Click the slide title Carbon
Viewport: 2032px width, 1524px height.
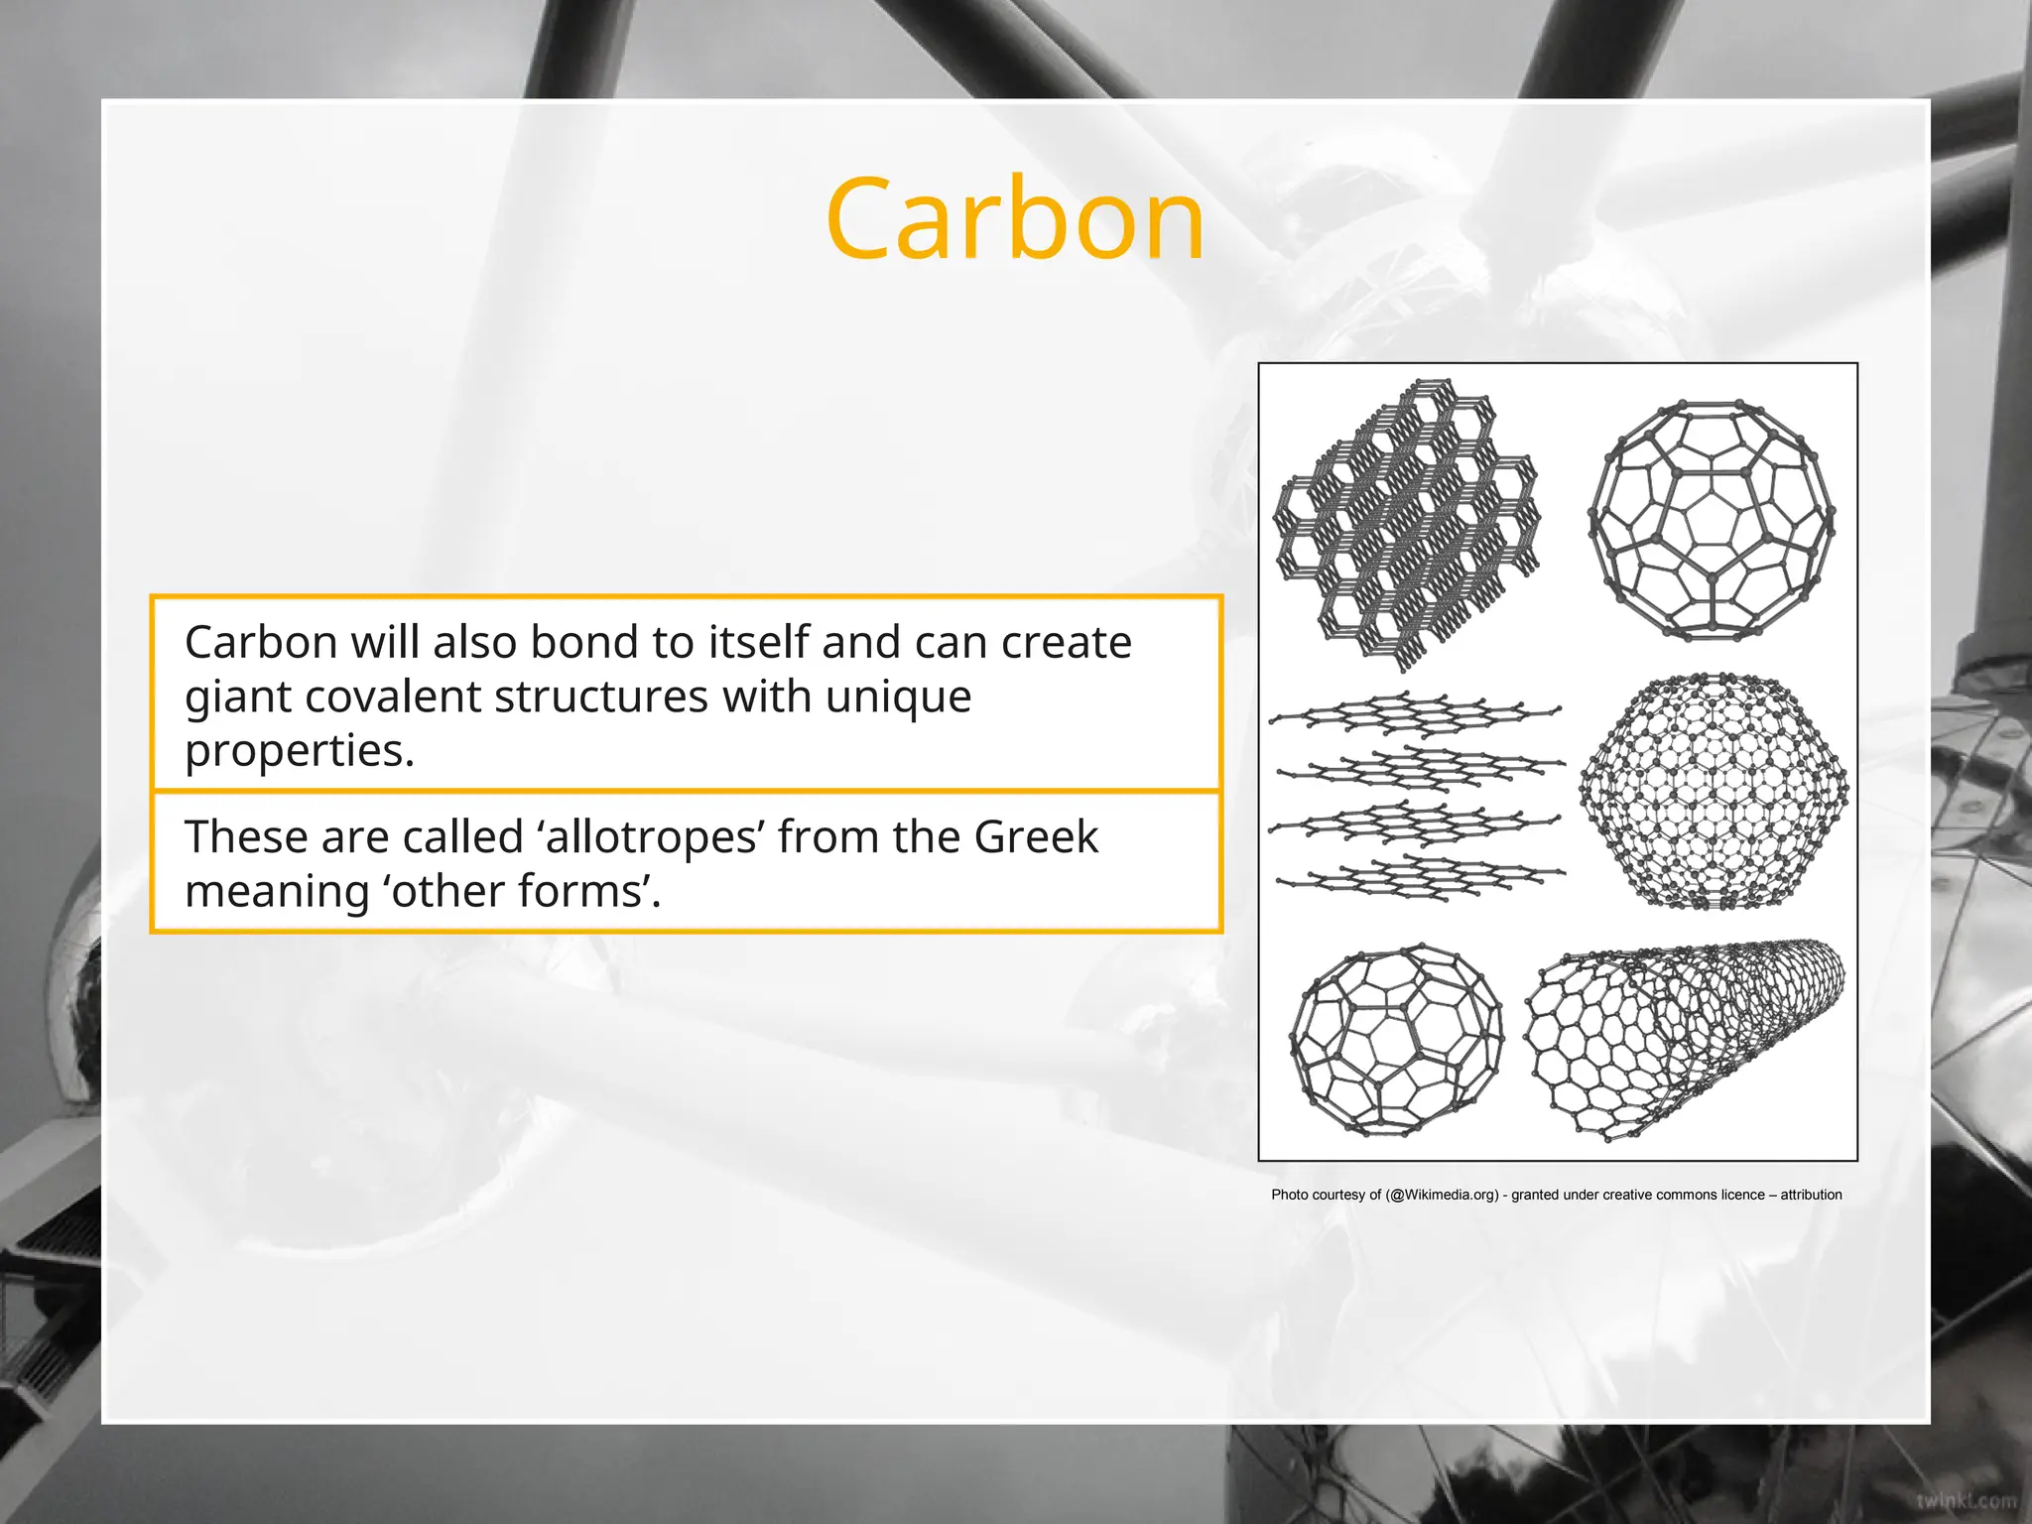tap(1014, 219)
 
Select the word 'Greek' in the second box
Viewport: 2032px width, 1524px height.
tap(1036, 837)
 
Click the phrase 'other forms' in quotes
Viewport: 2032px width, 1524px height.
tap(521, 891)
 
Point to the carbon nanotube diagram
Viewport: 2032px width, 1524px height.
tap(1685, 1038)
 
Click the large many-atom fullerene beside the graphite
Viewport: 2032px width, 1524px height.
tap(1713, 790)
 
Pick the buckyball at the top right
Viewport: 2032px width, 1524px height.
tap(1712, 519)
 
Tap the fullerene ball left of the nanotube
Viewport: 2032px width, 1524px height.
tap(1396, 1041)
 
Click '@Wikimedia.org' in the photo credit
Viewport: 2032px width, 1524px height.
tap(1442, 1196)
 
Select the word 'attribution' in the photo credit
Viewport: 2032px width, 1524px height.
tap(1811, 1196)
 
